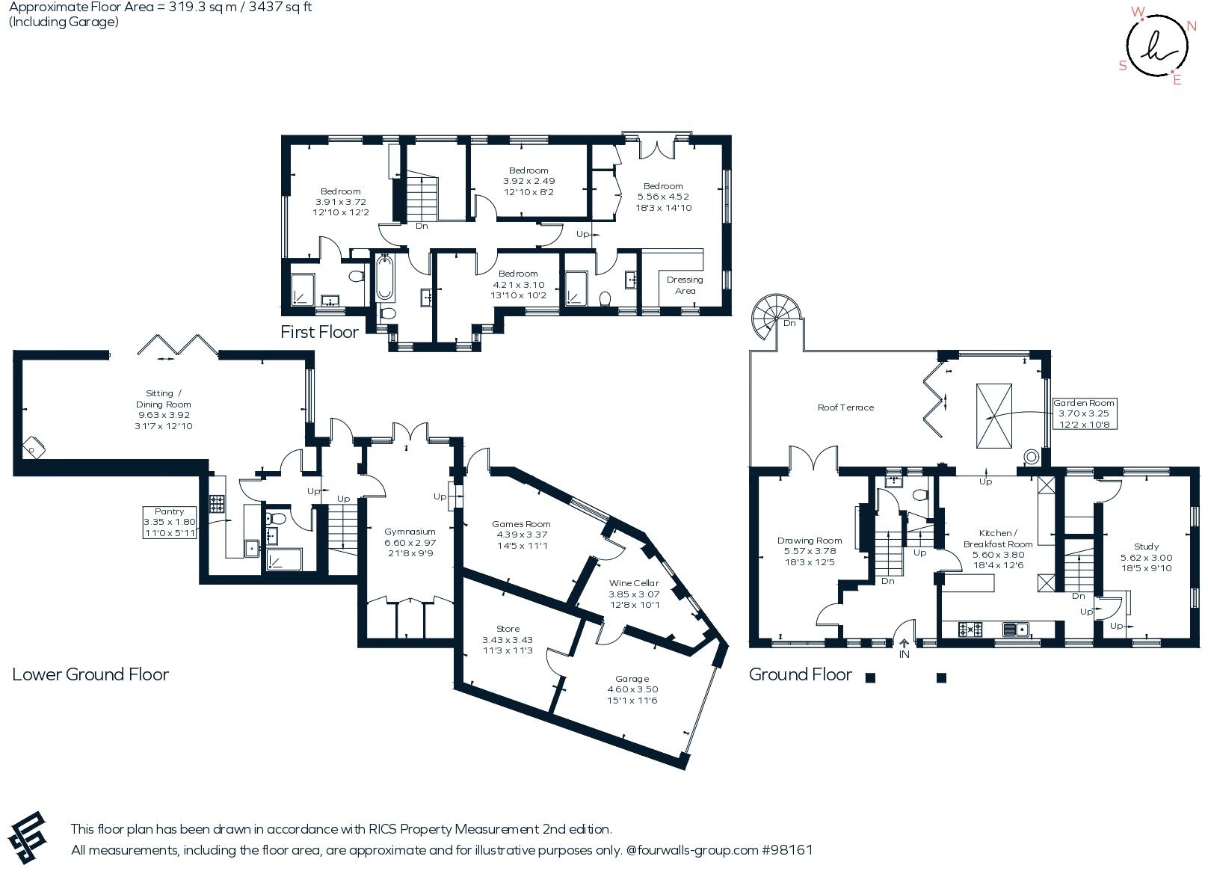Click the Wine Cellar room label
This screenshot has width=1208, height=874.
(x=634, y=583)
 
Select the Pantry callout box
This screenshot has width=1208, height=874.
(x=170, y=522)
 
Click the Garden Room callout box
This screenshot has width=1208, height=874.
(x=1084, y=413)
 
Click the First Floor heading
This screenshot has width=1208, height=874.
(x=319, y=332)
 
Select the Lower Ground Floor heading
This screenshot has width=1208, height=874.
(x=90, y=674)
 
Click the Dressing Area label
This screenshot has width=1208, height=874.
(x=685, y=285)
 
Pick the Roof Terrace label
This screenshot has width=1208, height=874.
(x=845, y=407)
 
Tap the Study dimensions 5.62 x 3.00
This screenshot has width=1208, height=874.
(x=1146, y=558)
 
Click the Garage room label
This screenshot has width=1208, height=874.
(x=632, y=679)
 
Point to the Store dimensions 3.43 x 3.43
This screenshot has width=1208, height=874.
(x=508, y=640)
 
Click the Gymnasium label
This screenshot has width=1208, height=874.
(x=410, y=532)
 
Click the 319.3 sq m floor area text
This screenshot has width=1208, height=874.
(x=197, y=7)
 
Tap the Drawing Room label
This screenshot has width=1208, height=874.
(x=810, y=541)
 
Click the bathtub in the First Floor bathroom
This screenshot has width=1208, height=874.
(x=385, y=278)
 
